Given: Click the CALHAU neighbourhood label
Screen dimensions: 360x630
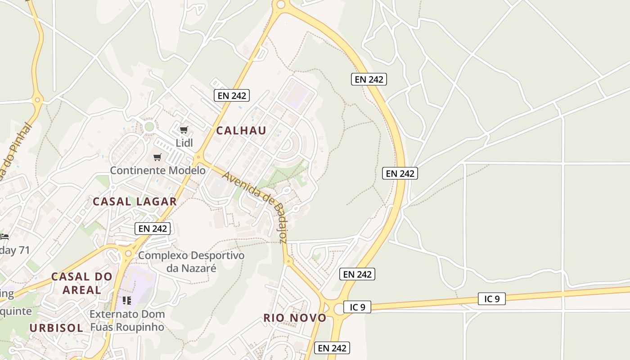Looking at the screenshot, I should pyautogui.click(x=241, y=130).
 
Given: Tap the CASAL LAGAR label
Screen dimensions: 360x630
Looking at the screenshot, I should pyautogui.click(x=135, y=202).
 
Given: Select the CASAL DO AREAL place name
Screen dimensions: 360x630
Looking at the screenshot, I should pyautogui.click(x=81, y=283).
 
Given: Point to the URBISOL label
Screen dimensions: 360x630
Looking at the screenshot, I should pyautogui.click(x=56, y=328).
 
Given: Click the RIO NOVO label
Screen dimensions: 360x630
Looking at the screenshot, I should pyautogui.click(x=295, y=318).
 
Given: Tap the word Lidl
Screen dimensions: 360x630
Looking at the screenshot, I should pyautogui.click(x=184, y=143).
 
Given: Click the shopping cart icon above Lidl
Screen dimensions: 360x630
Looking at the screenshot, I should pyautogui.click(x=184, y=130).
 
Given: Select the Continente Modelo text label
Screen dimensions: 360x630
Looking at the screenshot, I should pyautogui.click(x=157, y=171).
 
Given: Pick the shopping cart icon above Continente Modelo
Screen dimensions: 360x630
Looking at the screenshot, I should pyautogui.click(x=157, y=157).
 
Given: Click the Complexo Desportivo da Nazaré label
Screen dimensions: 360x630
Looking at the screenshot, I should pyautogui.click(x=191, y=261).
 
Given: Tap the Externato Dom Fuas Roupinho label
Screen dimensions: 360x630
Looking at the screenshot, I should pyautogui.click(x=127, y=320).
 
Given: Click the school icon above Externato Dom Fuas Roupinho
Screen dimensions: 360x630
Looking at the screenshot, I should pyautogui.click(x=127, y=300).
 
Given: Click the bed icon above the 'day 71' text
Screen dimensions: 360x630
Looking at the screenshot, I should pyautogui.click(x=4, y=236).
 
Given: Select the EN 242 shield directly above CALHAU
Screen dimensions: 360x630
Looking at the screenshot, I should pyautogui.click(x=231, y=95).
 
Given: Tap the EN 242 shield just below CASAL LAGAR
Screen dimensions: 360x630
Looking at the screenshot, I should pyautogui.click(x=153, y=228).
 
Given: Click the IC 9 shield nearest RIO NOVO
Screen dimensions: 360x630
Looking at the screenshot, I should pyautogui.click(x=357, y=307).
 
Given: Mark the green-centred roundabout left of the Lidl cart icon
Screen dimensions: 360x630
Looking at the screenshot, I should pyautogui.click(x=149, y=127).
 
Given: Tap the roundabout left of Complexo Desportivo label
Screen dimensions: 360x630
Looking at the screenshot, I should pyautogui.click(x=128, y=254).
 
